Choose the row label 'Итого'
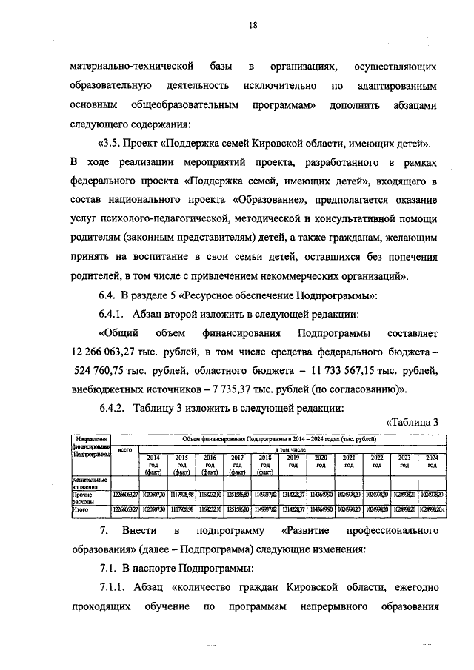80,509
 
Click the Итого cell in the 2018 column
265,509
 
